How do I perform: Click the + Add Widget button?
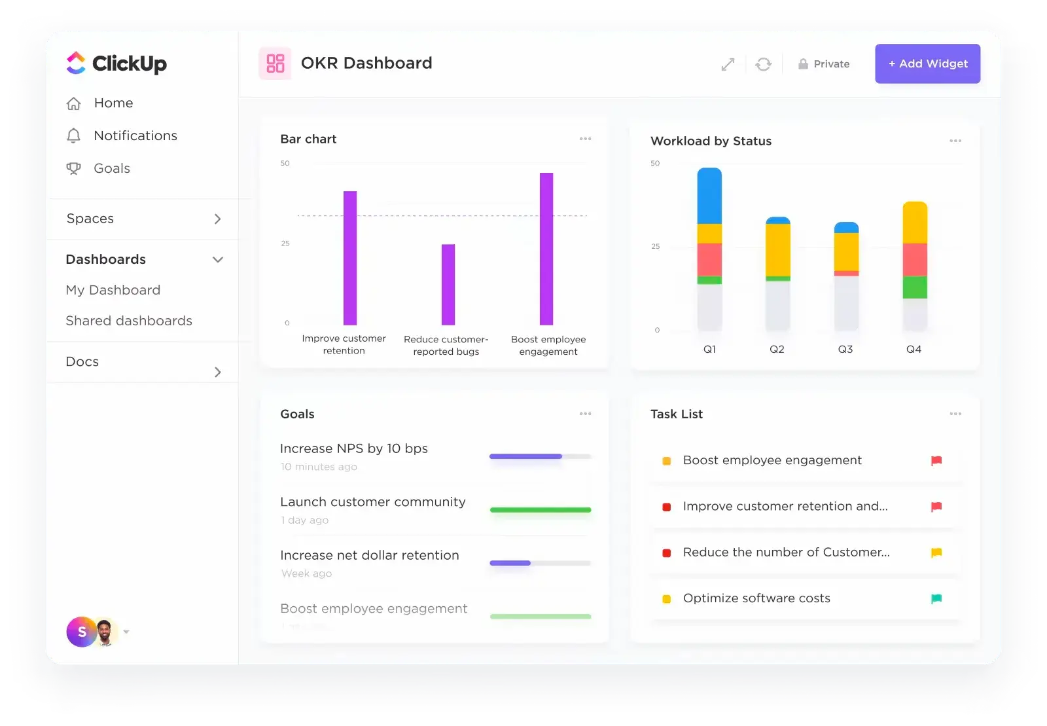[927, 64]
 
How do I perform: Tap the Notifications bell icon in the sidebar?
[74, 136]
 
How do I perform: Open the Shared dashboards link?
[129, 321]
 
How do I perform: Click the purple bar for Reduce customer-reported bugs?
[448, 285]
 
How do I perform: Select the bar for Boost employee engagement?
[546, 249]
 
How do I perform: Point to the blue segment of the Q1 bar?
[709, 196]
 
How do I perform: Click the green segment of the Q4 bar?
[915, 287]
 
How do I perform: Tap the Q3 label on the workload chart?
[845, 350]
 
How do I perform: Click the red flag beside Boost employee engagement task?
[936, 461]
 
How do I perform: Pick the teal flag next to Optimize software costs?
[936, 598]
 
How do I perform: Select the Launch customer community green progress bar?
[540, 509]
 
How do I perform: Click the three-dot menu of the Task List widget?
[955, 414]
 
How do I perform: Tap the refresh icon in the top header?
[763, 64]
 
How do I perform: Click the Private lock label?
[824, 64]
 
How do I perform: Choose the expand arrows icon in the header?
[728, 64]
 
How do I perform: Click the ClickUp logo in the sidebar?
[116, 64]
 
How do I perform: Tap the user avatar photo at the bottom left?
[105, 632]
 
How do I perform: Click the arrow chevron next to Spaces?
[218, 219]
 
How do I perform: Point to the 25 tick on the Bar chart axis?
[285, 244]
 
